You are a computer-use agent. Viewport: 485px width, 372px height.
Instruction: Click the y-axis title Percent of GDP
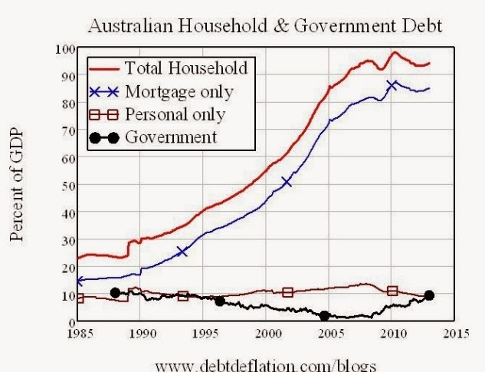pos(17,185)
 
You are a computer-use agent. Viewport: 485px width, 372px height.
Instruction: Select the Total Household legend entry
pos(185,67)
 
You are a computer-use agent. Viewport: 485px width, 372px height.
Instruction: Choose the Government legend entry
pos(170,137)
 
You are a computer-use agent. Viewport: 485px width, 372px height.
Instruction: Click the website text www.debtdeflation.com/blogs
pos(267,364)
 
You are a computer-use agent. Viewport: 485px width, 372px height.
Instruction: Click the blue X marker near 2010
pos(392,85)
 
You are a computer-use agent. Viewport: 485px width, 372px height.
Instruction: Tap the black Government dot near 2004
pos(324,315)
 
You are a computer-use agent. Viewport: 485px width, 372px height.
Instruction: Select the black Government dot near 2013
pos(429,295)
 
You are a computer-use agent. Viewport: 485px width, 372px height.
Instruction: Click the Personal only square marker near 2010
pos(392,291)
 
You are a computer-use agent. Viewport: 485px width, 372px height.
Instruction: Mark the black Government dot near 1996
pos(220,301)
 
